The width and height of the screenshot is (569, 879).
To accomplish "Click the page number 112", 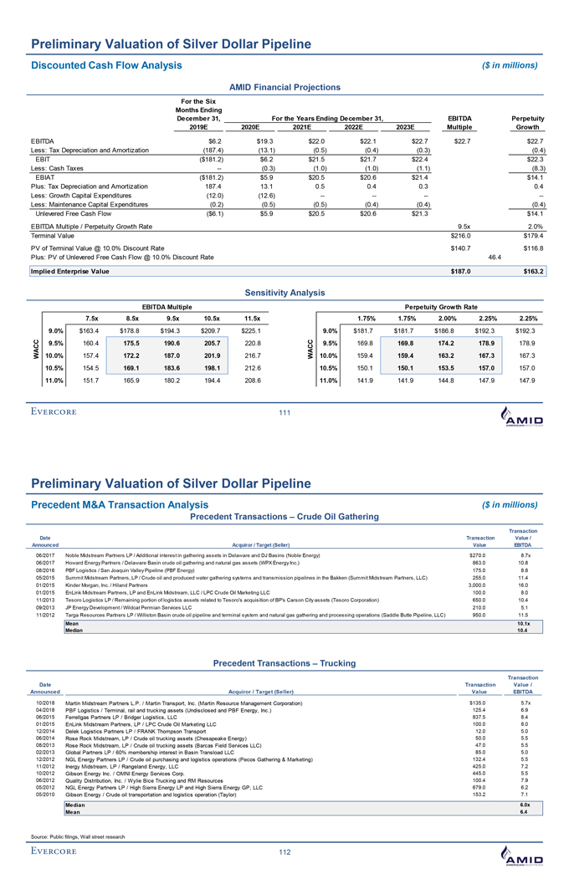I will pos(284,851).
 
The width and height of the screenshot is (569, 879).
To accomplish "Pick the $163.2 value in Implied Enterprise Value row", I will pos(532,271).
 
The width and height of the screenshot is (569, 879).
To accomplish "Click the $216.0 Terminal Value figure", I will pos(462,236).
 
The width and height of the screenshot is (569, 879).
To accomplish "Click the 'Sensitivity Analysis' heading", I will pos(284,293).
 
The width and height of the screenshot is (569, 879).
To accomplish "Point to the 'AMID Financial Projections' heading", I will pos(284,87).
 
